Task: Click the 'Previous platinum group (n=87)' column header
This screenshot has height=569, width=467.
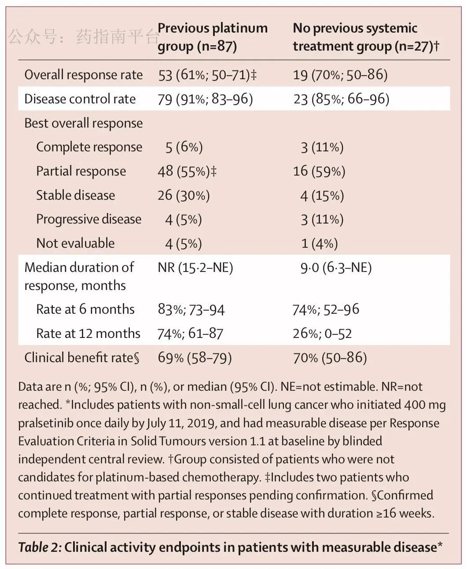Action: (x=213, y=37)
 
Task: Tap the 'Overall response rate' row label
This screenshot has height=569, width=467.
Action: (x=84, y=75)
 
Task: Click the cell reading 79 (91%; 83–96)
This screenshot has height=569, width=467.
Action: (x=205, y=99)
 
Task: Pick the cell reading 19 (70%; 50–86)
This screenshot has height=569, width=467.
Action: (x=341, y=75)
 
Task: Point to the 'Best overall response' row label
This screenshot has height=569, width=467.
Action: (x=84, y=123)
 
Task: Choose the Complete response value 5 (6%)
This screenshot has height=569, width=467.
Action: (x=184, y=147)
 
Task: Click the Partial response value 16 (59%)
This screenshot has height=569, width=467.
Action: (x=319, y=171)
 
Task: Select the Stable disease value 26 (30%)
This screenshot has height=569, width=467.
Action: (x=184, y=195)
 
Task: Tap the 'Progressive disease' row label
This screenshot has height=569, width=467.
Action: (x=89, y=219)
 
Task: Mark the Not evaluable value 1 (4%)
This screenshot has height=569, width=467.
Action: (x=320, y=243)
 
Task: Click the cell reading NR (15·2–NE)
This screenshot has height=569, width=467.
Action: (x=195, y=268)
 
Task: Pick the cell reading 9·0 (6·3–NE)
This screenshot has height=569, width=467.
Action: (x=336, y=268)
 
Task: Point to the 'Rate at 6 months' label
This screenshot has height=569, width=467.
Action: (x=85, y=309)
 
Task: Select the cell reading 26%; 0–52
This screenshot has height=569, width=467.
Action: (x=322, y=334)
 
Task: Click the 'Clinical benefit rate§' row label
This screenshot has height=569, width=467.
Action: (x=82, y=358)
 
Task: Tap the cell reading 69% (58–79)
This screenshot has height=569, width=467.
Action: (x=195, y=358)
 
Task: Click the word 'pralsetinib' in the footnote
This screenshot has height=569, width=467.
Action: (x=46, y=423)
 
